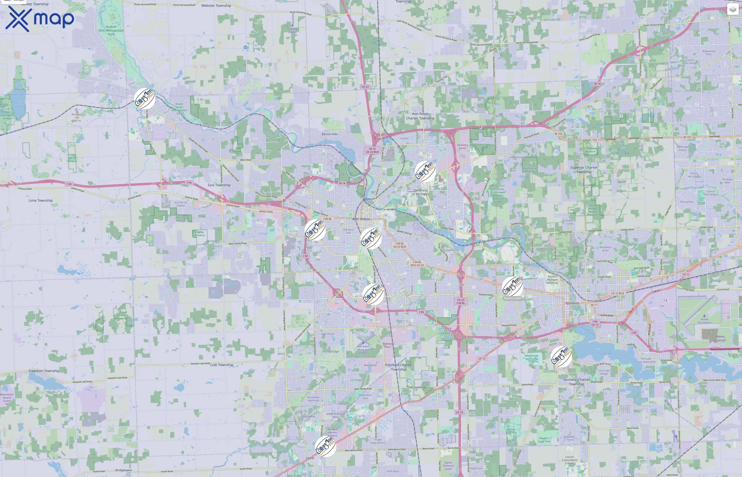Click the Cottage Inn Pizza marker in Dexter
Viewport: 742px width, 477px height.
click(x=145, y=99)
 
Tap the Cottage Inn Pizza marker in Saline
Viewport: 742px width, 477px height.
click(x=325, y=446)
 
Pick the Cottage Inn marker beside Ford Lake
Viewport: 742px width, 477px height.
click(x=561, y=357)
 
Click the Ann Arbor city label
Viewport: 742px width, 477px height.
click(x=361, y=219)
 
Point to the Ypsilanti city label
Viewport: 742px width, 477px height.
click(x=572, y=303)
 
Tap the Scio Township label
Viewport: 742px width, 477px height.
click(x=219, y=185)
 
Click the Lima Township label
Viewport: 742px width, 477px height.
click(x=41, y=200)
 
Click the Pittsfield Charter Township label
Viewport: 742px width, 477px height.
click(x=399, y=367)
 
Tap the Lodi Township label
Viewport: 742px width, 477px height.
click(x=222, y=365)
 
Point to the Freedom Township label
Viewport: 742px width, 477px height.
click(x=44, y=371)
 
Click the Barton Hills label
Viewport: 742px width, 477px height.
click(x=329, y=134)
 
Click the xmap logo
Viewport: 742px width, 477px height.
click(x=40, y=19)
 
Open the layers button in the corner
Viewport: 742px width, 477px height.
click(x=732, y=10)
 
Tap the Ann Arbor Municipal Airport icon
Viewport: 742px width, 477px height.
click(x=363, y=342)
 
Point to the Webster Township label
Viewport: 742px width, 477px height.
click(x=216, y=6)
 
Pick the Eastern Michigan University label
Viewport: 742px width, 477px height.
click(x=552, y=280)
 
